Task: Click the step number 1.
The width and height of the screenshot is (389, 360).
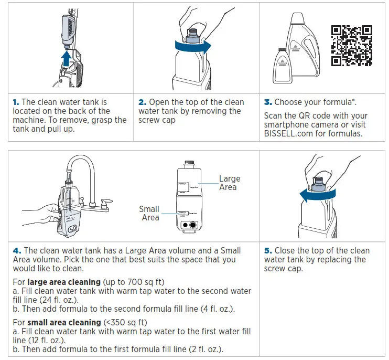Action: point(16,102)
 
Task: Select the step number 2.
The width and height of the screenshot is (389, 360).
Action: point(142,102)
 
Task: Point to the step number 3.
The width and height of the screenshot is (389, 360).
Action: point(268,102)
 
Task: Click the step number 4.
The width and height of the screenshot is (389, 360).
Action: point(17,251)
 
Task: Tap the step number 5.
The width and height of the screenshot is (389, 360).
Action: point(268,251)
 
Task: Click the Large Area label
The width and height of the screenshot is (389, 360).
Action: point(229,183)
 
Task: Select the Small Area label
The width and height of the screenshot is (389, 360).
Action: point(149,213)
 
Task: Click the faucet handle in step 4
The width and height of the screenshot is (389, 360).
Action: point(107,200)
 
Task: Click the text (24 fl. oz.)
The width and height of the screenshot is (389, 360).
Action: point(55,300)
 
